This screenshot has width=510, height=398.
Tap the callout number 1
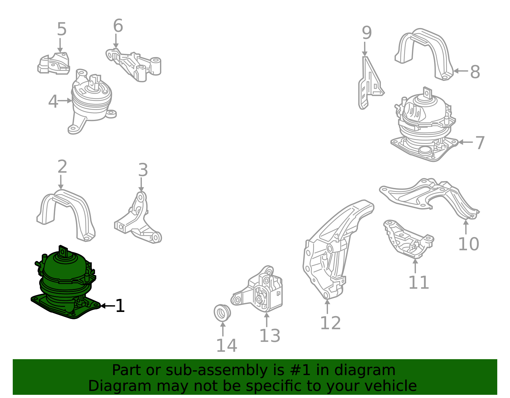(x=120, y=306)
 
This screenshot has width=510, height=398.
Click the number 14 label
(x=227, y=345)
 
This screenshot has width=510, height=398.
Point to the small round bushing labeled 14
(x=222, y=313)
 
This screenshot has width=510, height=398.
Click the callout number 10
(x=469, y=244)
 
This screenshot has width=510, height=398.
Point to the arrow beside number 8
(x=461, y=71)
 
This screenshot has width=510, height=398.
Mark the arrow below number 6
(x=116, y=41)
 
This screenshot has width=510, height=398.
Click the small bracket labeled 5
(x=54, y=63)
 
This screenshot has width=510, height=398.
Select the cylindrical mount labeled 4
(x=91, y=101)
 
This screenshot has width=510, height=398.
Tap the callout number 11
(x=419, y=282)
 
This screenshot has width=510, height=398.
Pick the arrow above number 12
(x=327, y=307)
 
